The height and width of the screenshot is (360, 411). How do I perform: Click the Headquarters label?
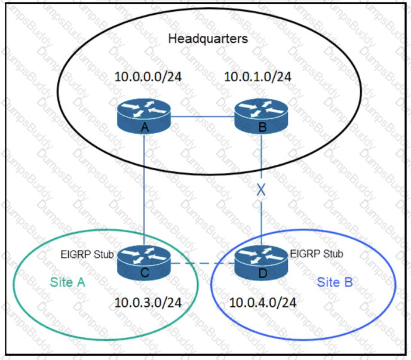tap(208, 39)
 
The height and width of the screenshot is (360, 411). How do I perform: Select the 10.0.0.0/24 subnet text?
tap(148, 77)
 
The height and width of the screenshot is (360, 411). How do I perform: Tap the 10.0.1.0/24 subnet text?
tap(257, 77)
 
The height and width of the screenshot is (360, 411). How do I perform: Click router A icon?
tap(144, 116)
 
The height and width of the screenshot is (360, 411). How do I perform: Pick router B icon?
tap(261, 116)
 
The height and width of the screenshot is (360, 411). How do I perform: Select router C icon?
tap(144, 263)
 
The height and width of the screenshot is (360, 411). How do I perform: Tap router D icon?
tap(261, 263)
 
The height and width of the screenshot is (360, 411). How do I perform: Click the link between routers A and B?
tap(203, 116)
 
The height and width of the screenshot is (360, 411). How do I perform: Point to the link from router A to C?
tap(144, 190)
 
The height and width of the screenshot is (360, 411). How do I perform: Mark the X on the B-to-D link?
tap(261, 190)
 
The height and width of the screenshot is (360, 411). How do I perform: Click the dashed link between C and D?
tap(203, 263)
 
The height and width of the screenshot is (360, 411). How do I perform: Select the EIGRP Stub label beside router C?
tap(87, 254)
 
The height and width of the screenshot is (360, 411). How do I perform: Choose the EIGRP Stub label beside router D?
tap(317, 254)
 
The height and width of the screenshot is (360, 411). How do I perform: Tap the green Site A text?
tap(68, 282)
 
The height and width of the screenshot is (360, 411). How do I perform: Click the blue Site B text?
tap(335, 282)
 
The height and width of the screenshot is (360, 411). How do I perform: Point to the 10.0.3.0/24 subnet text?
tap(148, 303)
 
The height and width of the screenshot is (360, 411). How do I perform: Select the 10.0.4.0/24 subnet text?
tap(263, 303)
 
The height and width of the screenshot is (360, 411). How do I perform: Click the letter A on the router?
tap(145, 127)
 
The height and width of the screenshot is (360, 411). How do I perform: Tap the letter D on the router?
tap(263, 273)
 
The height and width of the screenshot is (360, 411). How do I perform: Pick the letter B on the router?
tap(262, 127)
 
